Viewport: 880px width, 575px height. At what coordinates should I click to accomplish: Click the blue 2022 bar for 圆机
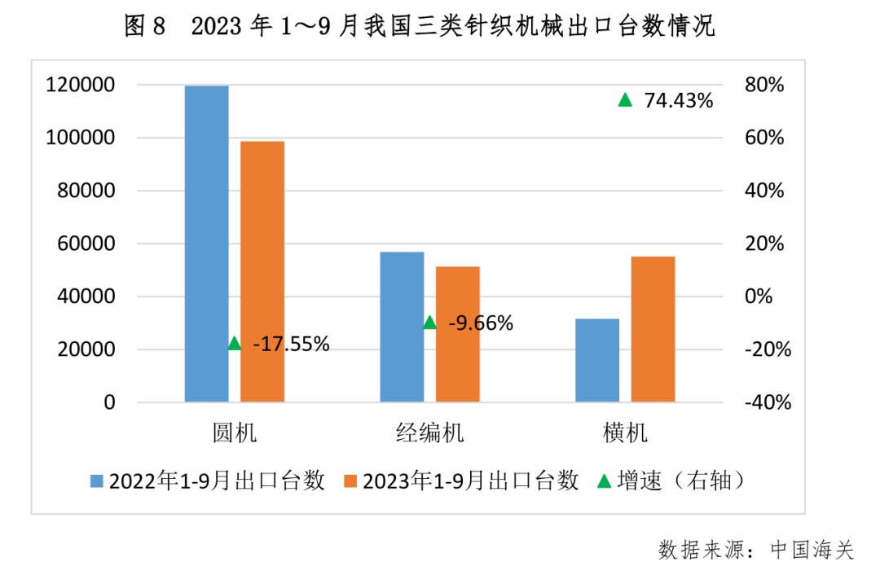pos(206,244)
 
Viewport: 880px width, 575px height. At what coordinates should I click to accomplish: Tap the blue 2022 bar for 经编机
pos(402,327)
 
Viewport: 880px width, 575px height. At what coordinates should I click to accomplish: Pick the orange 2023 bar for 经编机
pos(458,334)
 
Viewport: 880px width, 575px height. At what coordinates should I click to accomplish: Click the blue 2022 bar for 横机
pos(597,360)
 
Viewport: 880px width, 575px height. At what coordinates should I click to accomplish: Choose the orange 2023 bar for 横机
pos(653,329)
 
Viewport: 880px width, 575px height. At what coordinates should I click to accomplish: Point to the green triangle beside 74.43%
pos(625,100)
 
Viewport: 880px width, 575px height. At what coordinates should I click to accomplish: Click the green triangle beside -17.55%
pos(235,344)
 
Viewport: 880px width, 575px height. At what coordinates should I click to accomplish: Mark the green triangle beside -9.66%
pos(430,323)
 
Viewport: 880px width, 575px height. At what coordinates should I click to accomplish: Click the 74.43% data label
pos(678,101)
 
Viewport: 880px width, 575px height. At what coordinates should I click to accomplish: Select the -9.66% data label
pos(481,323)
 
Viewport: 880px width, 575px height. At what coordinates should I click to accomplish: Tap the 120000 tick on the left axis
pos(81,85)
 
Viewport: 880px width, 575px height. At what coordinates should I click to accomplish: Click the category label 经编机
pos(430,432)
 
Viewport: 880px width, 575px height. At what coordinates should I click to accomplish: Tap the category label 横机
pos(626,432)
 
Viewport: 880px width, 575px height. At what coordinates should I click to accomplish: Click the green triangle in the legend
pos(604,481)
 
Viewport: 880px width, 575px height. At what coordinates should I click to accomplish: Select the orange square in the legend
pos(351,481)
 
